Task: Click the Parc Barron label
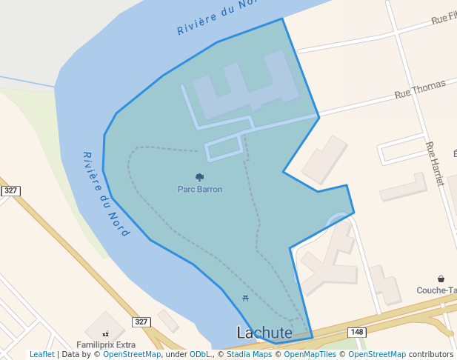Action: coord(199,189)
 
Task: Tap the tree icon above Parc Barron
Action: coord(199,177)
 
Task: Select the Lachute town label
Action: coord(264,333)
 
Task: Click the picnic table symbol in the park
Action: coord(245,299)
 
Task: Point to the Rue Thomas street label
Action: coord(420,90)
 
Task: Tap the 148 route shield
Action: coord(357,332)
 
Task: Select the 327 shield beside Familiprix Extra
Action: coord(141,321)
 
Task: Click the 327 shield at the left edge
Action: coord(10,191)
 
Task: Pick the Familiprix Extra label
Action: coord(106,344)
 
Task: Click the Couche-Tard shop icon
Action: coord(441,279)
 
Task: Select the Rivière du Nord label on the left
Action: coord(106,194)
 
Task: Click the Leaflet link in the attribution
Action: coord(42,355)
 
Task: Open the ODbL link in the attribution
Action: coord(200,355)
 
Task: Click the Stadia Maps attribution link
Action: coord(248,355)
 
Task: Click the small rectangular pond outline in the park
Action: coord(224,148)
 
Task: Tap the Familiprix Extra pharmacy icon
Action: coord(105,334)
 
